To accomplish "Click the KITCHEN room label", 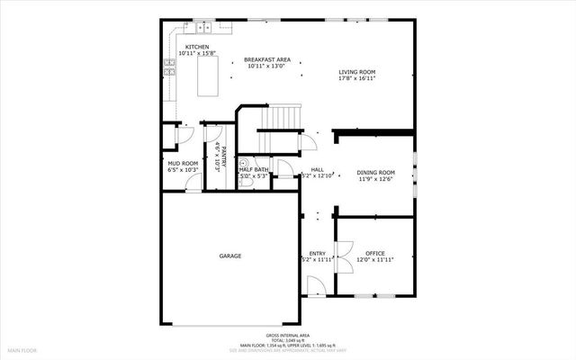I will (197, 47).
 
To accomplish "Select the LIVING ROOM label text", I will (356, 72).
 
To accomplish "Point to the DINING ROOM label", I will (375, 172).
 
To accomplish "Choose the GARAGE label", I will (229, 256).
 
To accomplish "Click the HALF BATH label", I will (254, 169).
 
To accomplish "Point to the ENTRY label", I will (318, 253).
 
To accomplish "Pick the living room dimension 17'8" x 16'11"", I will (356, 79).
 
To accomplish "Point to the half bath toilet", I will (244, 164).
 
